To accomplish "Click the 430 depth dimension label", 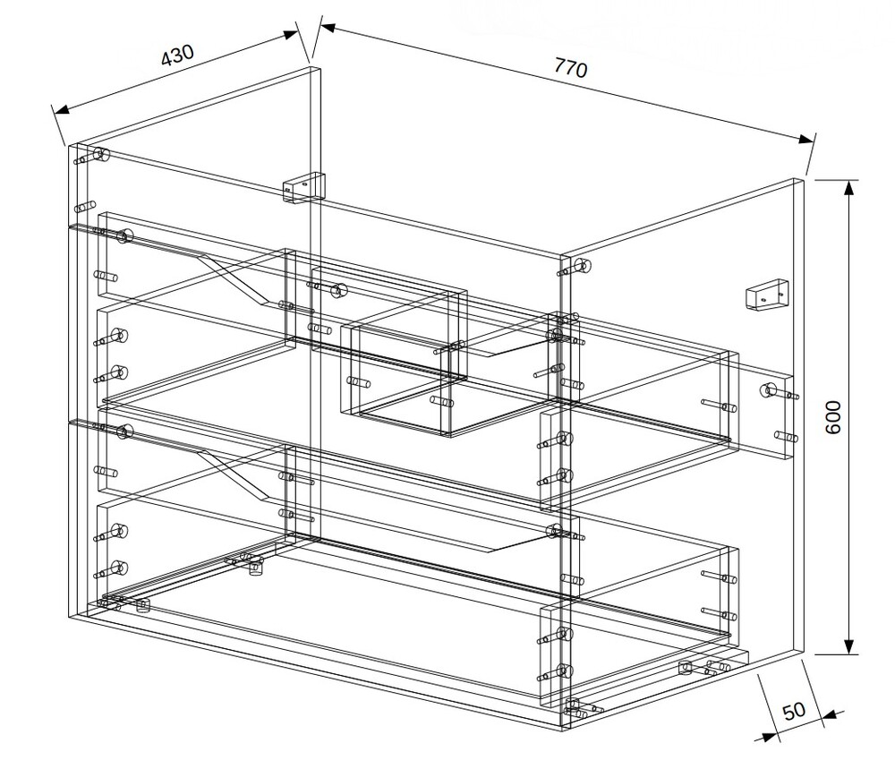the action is [177, 55].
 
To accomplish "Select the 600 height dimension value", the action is [833, 417].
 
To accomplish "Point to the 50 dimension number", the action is [793, 711].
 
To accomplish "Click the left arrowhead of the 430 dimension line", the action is [61, 109].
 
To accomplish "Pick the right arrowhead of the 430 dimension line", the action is [291, 34].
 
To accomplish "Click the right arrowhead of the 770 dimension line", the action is [806, 140].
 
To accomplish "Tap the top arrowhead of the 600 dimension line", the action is [850, 188].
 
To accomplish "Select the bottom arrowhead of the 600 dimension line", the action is [850, 647].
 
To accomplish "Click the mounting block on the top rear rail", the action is [303, 187].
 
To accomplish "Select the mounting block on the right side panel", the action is [766, 294].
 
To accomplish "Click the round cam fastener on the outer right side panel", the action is [768, 390].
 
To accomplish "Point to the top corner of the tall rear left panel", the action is [315, 68].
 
